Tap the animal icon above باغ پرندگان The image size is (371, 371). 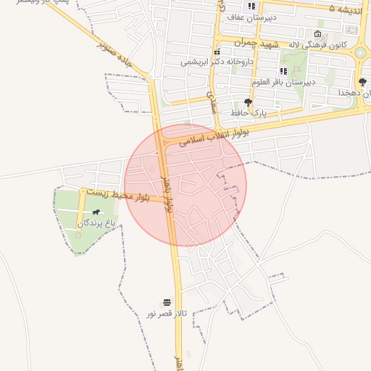click(96, 212)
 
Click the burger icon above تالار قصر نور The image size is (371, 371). click(167, 301)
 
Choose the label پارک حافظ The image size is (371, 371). click(249, 114)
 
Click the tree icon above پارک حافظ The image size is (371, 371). click(249, 102)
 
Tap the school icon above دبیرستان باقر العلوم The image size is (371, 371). click(283, 71)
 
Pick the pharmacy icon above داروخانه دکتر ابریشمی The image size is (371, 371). click(217, 51)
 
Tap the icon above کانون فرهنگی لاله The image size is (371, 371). click(318, 34)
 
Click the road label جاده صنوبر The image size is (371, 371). click(117, 53)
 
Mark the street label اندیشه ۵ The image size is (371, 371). click(343, 9)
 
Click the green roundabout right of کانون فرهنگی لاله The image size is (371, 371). click(360, 52)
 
